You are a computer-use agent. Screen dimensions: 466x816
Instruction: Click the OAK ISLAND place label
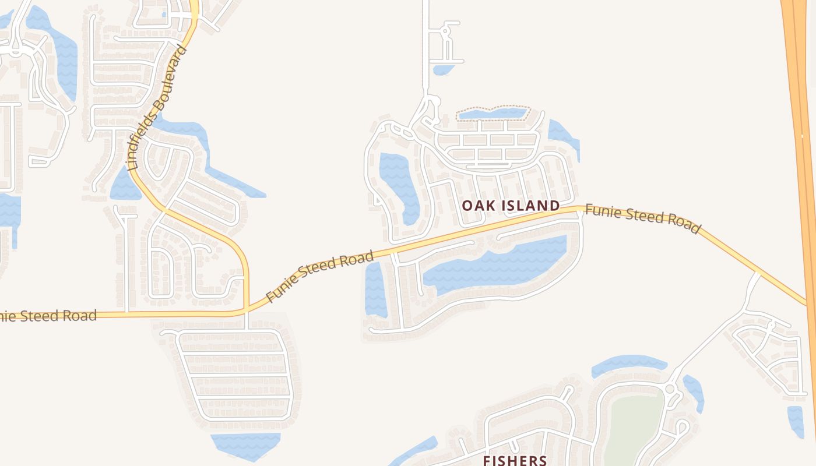pos(511,206)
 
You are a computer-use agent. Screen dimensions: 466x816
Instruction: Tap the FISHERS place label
pos(515,460)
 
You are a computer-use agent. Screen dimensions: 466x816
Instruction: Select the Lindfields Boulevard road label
pos(158,108)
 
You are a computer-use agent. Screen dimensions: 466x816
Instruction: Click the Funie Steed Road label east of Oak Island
pos(642,218)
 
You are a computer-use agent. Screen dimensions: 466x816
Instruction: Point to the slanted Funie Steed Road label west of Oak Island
pos(319,276)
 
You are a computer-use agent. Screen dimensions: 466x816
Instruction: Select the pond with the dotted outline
pos(493,113)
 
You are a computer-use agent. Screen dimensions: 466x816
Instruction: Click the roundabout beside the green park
pos(669,389)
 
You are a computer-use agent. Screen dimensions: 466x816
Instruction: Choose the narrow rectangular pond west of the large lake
pos(375,290)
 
